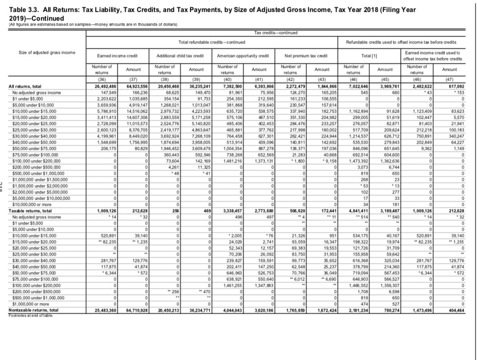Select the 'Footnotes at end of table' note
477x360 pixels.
[x=22, y=314]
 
